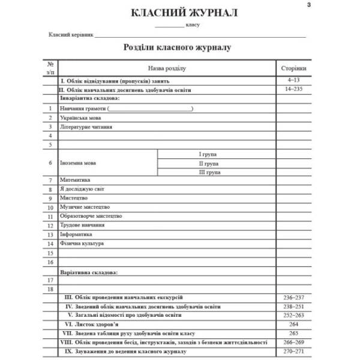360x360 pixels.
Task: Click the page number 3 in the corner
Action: [308, 5]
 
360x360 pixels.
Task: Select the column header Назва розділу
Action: [167, 68]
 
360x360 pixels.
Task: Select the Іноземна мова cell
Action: [78, 163]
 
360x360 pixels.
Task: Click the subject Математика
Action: [75, 180]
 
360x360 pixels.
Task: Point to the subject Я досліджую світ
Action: [78, 189]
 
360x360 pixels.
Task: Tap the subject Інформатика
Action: [76, 235]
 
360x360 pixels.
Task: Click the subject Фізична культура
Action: [82, 244]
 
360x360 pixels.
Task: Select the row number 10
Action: [50, 208]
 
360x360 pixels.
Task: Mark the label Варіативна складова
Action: [89, 272]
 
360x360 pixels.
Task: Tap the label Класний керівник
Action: [71, 35]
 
